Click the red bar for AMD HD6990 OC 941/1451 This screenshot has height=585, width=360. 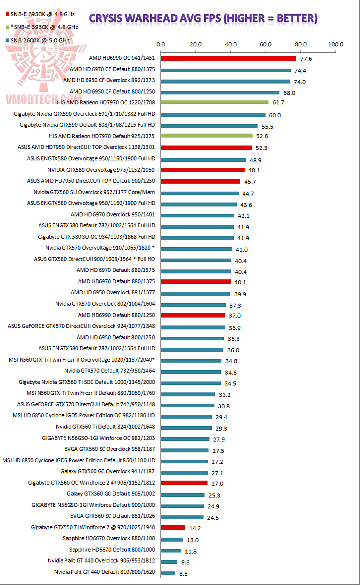[228, 59]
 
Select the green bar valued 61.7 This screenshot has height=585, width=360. [214, 102]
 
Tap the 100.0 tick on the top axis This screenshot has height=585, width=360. [335, 44]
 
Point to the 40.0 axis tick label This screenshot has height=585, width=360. [231, 44]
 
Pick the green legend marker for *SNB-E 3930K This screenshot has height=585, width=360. [6, 26]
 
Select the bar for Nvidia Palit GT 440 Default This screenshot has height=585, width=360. [168, 573]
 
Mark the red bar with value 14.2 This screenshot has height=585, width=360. [173, 527]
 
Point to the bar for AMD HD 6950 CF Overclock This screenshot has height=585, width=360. [225, 81]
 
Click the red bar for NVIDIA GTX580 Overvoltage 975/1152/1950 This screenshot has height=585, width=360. [202, 170]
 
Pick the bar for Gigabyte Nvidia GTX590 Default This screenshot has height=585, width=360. [209, 126]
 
